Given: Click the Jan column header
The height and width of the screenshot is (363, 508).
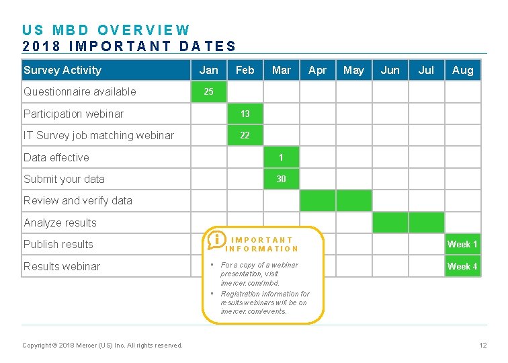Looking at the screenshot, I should tap(209, 70).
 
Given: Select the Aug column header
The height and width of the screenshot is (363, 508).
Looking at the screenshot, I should tap(463, 70).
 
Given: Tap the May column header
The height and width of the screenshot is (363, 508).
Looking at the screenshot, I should tap(353, 70).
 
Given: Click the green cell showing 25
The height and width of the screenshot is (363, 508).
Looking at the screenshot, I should tap(209, 91).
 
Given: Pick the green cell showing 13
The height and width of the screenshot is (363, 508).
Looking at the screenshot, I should tap(245, 114).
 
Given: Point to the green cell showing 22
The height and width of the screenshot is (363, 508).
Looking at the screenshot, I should tap(245, 135).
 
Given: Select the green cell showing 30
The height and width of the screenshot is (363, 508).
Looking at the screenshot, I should tap(281, 179).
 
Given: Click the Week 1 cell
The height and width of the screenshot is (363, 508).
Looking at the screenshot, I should tap(463, 244).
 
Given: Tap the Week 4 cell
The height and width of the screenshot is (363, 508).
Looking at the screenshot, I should tap(463, 266).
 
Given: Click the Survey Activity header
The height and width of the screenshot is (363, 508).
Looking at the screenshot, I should tap(62, 70).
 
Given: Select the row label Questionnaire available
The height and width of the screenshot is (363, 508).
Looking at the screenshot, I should tap(80, 91).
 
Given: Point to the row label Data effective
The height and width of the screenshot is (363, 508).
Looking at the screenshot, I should tap(56, 157).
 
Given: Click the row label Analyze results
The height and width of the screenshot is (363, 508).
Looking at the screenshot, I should tap(60, 223).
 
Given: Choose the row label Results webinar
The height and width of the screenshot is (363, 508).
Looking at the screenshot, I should tap(62, 266).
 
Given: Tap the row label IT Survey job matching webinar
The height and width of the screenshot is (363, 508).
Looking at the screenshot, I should tap(99, 135).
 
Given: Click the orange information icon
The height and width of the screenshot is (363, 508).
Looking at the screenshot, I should tap(216, 240).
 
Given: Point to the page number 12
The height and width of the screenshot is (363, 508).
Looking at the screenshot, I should tap(482, 346).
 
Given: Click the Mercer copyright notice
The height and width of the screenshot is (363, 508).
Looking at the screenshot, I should tap(102, 346).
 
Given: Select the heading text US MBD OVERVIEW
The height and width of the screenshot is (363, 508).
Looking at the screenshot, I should tap(106, 30).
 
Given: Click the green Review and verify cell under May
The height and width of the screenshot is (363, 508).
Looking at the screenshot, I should tap(353, 200).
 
